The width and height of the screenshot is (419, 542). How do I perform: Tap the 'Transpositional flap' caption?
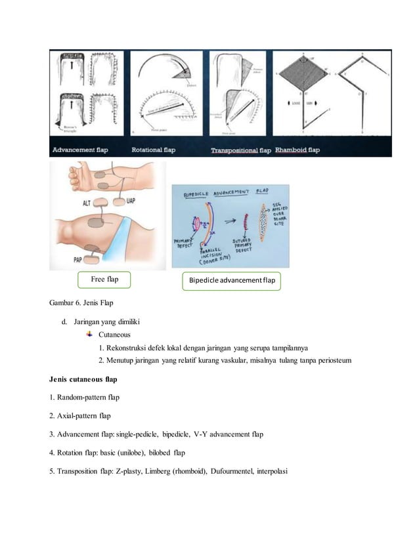(240, 150)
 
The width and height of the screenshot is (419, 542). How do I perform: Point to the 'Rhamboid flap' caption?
(298, 150)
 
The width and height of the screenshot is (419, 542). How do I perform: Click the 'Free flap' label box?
(104, 280)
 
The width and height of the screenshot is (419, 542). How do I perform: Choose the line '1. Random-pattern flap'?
(84, 397)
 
